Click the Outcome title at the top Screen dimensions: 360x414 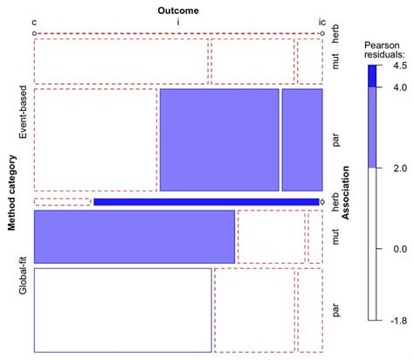point(178,10)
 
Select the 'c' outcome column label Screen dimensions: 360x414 point(34,21)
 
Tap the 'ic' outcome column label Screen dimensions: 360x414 point(321,21)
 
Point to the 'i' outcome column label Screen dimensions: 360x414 point(178,21)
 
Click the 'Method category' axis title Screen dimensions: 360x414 point(12,193)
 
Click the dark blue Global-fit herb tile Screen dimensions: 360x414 point(206,202)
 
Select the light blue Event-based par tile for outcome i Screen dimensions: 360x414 point(219,139)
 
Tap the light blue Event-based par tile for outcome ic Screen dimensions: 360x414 point(302,139)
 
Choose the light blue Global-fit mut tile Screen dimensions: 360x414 point(135,236)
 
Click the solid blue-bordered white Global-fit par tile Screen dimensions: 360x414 point(122,309)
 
